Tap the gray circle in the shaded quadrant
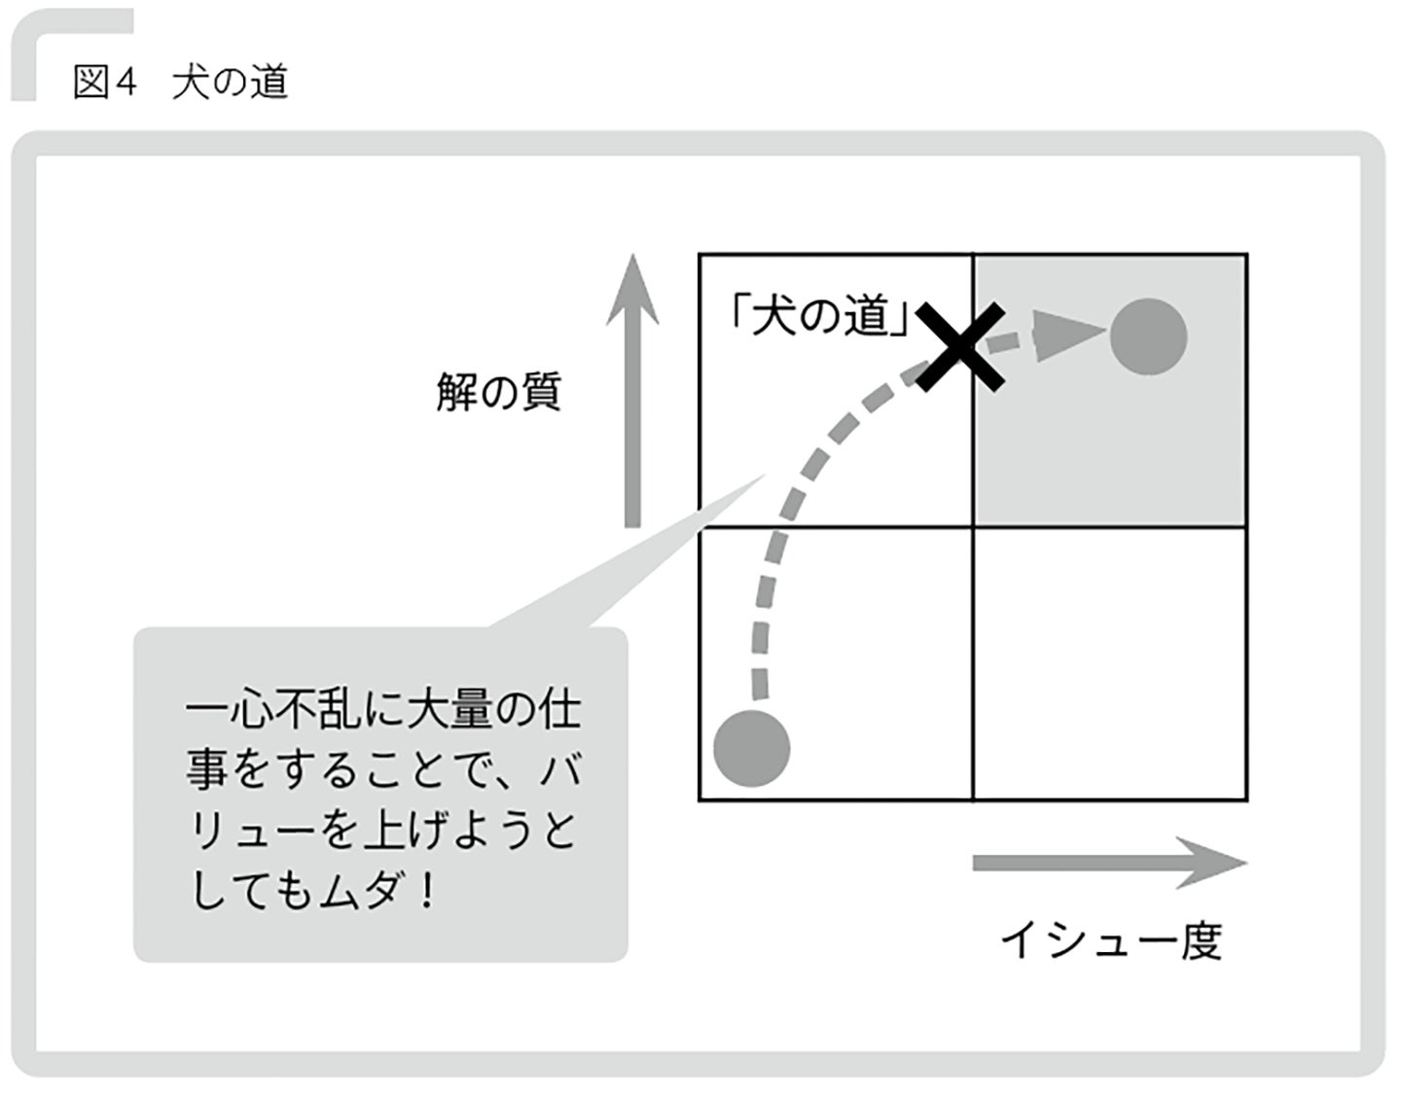(1148, 336)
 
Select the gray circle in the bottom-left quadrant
(751, 748)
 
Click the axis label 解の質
(498, 393)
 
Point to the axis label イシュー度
(1110, 940)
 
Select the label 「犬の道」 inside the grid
(820, 315)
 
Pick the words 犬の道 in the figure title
(231, 82)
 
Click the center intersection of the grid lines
(973, 527)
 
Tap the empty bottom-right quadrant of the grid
(1109, 663)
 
